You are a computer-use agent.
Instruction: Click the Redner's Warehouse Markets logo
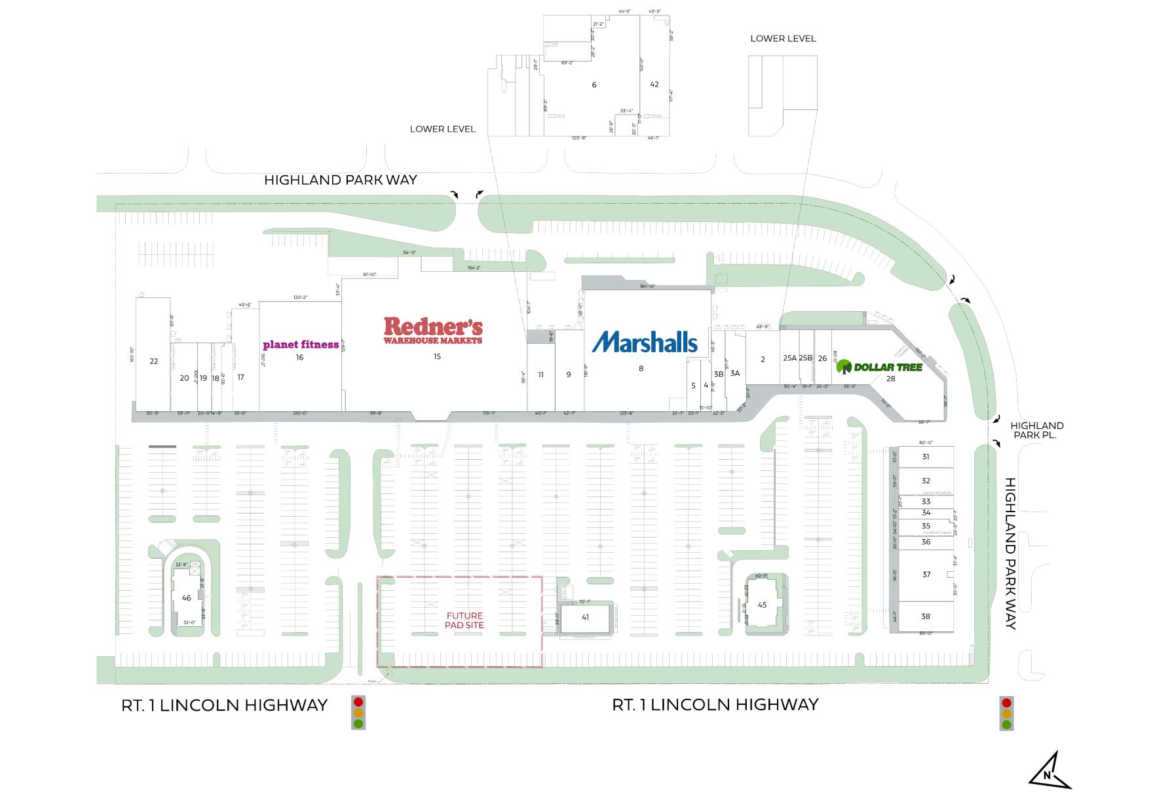433,331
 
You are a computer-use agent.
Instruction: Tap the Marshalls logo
645,342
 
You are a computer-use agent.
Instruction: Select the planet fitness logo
301,345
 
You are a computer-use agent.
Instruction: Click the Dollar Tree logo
880,367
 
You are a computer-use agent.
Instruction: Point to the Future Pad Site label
464,620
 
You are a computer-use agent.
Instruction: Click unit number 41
585,617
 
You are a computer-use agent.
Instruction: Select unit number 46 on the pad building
187,597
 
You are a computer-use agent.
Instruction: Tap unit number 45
762,605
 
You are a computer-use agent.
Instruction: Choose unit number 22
154,361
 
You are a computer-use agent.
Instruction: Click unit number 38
926,616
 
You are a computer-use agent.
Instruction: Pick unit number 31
926,457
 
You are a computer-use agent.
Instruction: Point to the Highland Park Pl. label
1036,430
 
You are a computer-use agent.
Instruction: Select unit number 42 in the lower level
654,84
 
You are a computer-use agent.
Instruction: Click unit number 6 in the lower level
594,84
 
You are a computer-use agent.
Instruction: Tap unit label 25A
789,358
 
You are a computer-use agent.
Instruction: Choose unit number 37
926,574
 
